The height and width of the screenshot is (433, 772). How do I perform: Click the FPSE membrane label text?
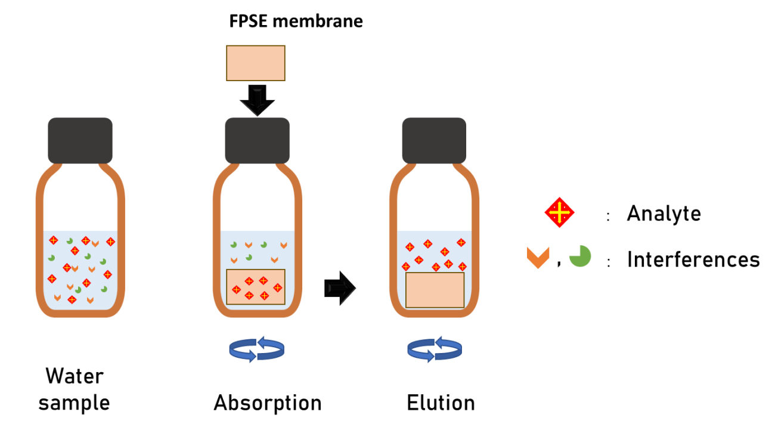coord(296,21)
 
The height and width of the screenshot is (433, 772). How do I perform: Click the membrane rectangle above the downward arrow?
coord(256,63)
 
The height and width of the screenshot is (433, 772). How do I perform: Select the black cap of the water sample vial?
coord(80,140)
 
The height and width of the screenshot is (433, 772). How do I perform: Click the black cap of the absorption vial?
coord(257,141)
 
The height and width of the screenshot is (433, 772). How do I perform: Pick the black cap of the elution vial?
coord(434,141)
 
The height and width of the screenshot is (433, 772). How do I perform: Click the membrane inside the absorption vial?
coord(256,287)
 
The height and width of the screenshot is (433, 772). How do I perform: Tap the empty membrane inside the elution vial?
coord(435,290)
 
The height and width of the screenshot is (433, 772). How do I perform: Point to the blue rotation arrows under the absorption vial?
coord(257,349)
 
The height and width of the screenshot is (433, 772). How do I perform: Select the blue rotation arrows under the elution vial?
coord(435,349)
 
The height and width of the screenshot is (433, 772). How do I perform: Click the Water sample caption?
coord(75,389)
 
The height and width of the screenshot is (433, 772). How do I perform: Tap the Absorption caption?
coord(268,403)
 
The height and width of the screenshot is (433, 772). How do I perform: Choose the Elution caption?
coord(441,403)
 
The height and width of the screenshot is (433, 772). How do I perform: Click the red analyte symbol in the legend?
coord(560,213)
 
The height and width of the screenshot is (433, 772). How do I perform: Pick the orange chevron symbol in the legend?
coord(538,258)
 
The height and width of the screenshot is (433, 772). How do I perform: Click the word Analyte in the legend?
coord(664,214)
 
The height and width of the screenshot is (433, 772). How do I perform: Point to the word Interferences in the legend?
coord(693,259)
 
